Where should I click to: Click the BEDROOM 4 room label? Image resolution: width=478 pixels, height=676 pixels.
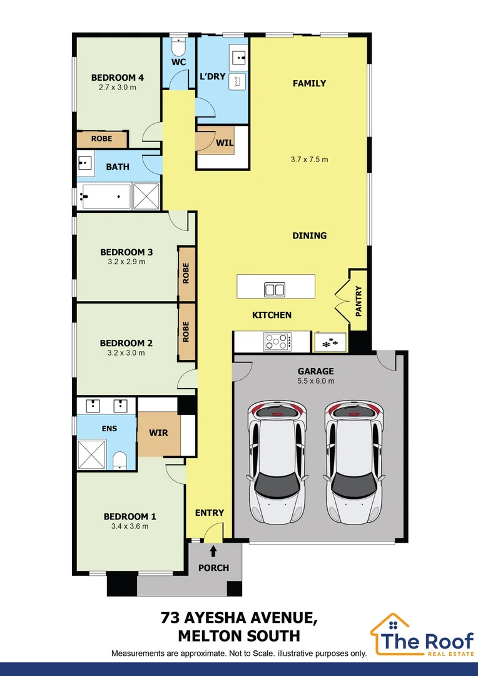(118, 78)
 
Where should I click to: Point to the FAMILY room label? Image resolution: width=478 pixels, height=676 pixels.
(309, 83)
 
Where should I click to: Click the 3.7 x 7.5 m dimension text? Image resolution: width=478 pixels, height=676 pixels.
(309, 160)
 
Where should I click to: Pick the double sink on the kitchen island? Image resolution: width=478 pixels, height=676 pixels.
(274, 289)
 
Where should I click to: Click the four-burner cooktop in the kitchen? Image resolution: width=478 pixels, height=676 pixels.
(277, 342)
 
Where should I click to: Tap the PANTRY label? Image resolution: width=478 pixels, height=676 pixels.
(358, 300)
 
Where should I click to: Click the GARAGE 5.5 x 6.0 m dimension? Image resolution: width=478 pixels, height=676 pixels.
(315, 381)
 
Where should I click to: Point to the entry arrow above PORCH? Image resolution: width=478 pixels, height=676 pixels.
(213, 551)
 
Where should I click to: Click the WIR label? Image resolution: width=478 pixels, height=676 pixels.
(158, 433)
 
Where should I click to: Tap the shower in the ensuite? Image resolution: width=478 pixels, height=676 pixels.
(92, 454)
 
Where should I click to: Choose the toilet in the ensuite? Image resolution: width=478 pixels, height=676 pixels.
(120, 461)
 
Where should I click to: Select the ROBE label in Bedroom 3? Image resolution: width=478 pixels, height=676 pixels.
(186, 273)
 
